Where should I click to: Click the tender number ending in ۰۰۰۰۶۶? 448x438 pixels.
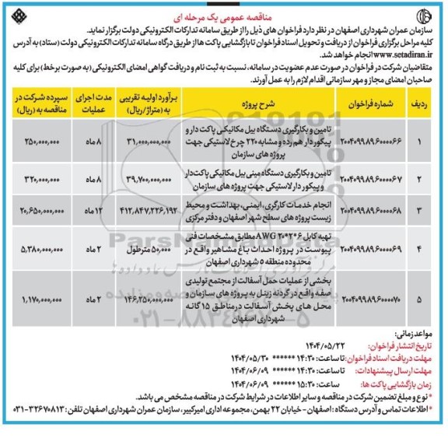pyautogui.click(x=372, y=140)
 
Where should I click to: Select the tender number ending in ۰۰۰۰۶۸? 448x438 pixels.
pyautogui.click(x=372, y=211)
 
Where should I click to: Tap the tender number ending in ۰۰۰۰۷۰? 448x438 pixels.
pyautogui.click(x=372, y=296)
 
